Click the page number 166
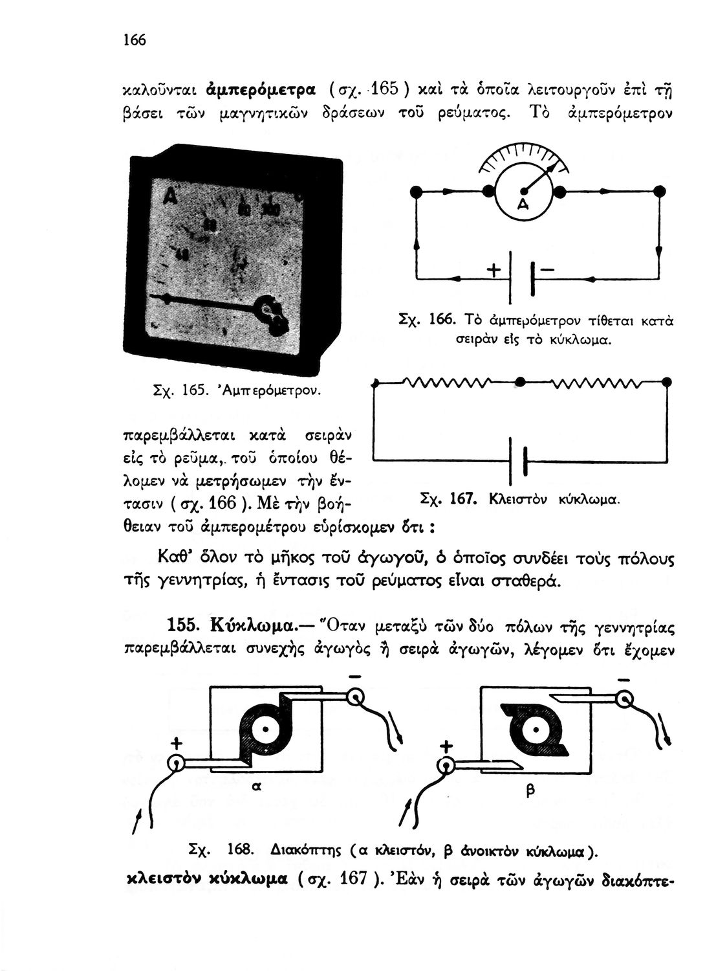click(x=135, y=40)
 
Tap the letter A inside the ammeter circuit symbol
click(x=523, y=205)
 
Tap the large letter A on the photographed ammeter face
click(x=171, y=197)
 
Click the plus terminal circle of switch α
click(x=176, y=764)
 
